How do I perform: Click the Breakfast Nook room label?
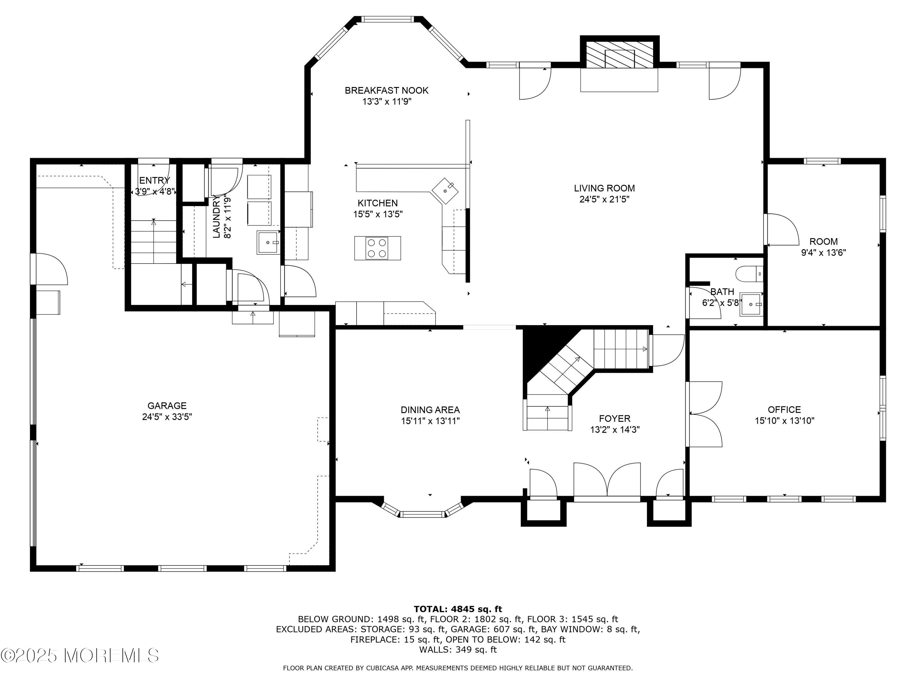(x=386, y=90)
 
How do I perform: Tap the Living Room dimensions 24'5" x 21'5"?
(x=604, y=199)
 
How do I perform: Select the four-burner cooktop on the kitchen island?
(x=377, y=248)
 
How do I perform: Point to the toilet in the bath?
(x=749, y=274)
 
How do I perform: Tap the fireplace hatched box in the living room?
(x=619, y=54)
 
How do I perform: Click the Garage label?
(x=167, y=406)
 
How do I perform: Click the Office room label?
(x=784, y=409)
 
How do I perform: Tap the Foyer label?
(x=615, y=419)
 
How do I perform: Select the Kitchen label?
(x=378, y=203)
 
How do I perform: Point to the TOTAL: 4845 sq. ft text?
(x=458, y=609)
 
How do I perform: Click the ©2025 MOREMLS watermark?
(x=79, y=655)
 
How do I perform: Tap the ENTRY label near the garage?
(x=154, y=180)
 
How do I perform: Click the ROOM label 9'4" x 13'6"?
(x=824, y=242)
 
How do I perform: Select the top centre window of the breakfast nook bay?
(x=387, y=19)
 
